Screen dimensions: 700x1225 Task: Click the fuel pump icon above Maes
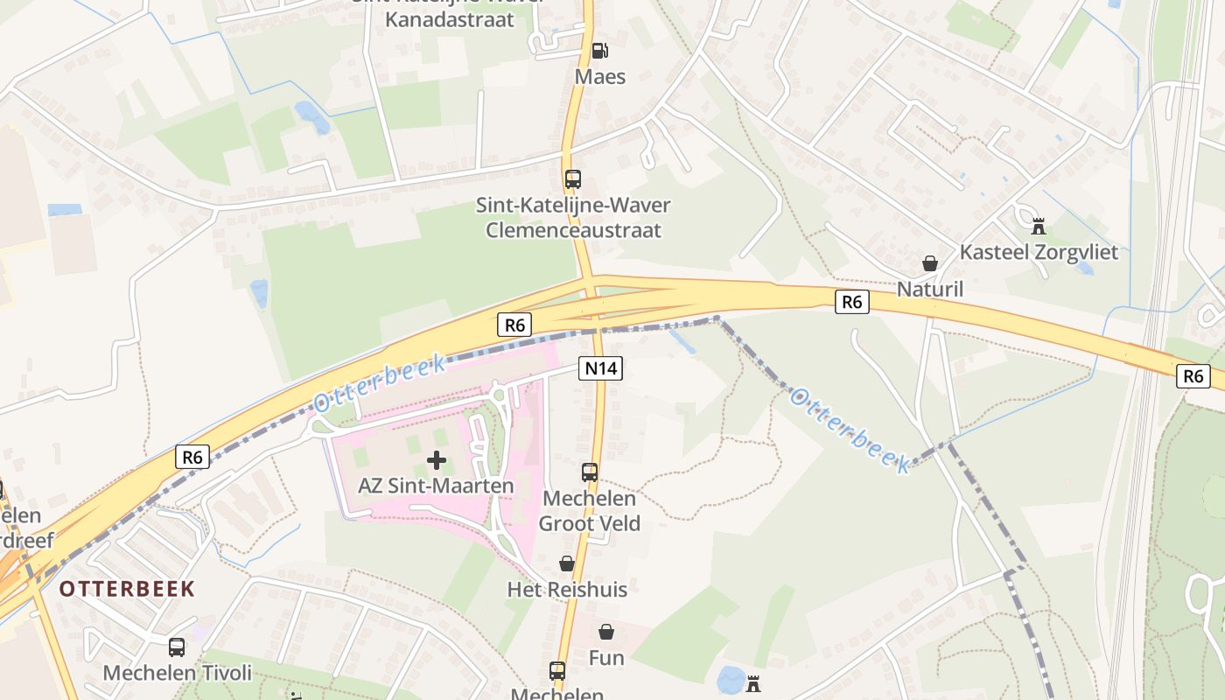point(599,51)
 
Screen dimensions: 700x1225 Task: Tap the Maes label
point(600,77)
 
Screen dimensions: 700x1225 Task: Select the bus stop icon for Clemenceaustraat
point(573,179)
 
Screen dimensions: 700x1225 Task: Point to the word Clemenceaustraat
point(573,230)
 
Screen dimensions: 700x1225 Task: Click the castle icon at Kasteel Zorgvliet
point(1039,227)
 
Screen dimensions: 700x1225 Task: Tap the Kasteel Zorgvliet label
point(1039,252)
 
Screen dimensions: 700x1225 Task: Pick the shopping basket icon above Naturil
point(930,263)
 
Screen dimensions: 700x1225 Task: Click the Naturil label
point(930,289)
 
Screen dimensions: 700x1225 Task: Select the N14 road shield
point(600,368)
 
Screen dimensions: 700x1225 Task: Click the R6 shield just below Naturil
point(851,303)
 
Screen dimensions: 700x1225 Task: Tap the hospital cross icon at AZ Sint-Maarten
point(436,460)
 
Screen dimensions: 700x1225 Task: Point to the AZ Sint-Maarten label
point(436,485)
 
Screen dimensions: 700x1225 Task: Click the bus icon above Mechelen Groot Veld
point(590,472)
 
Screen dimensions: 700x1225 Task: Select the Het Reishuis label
point(567,589)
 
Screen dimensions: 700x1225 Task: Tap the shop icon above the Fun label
point(605,632)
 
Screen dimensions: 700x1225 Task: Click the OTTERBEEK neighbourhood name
point(127,588)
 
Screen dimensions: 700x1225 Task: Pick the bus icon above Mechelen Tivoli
point(177,647)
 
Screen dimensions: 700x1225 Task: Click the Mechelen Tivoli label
point(177,673)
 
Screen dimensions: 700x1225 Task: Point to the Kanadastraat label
point(450,19)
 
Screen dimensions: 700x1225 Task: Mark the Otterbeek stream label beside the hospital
point(379,386)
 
